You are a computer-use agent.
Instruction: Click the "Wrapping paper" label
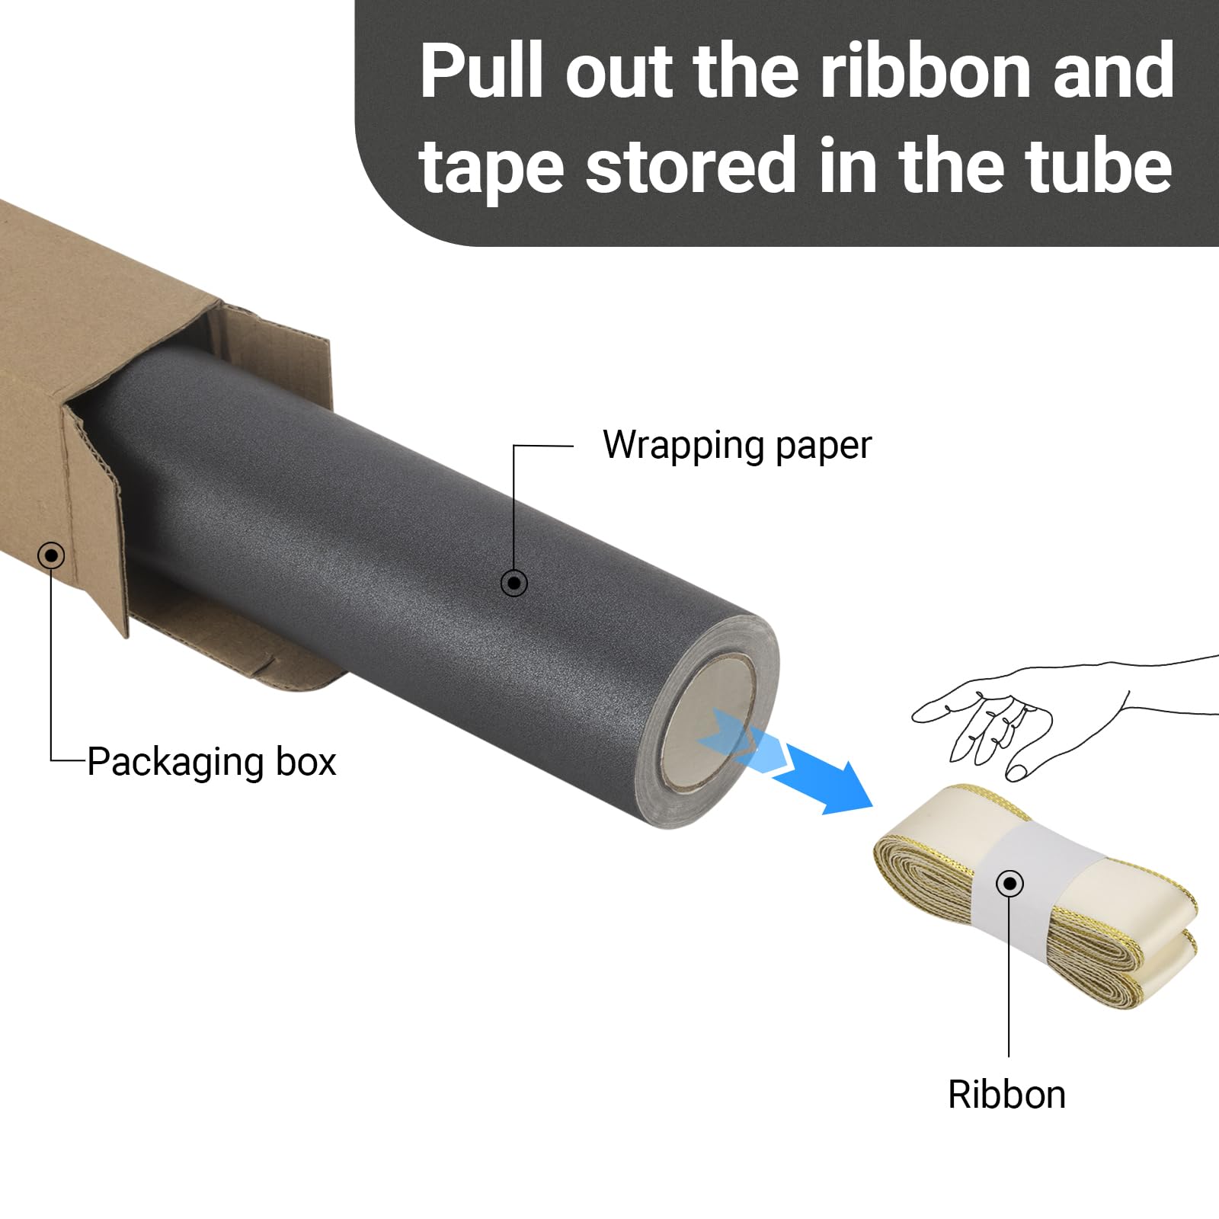737,445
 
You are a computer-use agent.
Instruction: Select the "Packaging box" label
212,762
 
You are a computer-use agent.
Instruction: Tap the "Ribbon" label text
1006,1095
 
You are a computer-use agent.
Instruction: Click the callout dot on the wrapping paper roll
514,584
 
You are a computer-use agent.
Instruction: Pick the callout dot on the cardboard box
51,555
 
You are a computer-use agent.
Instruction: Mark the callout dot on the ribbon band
1010,884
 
